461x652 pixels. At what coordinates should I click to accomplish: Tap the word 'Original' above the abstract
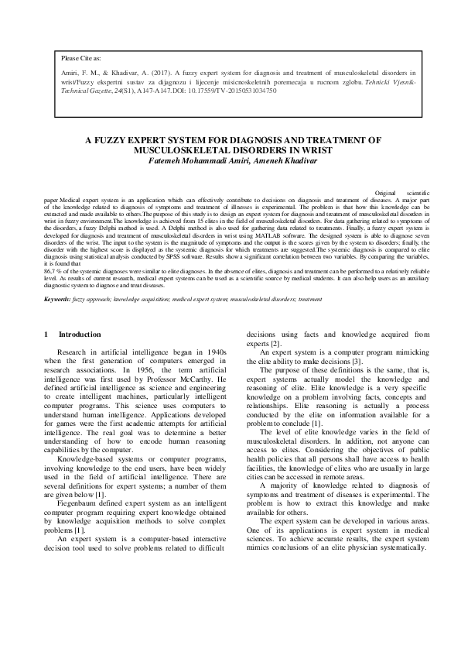tap(387, 190)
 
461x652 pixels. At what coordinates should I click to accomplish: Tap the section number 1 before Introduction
tap(46, 335)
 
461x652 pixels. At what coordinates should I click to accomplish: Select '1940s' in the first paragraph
tap(214, 352)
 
